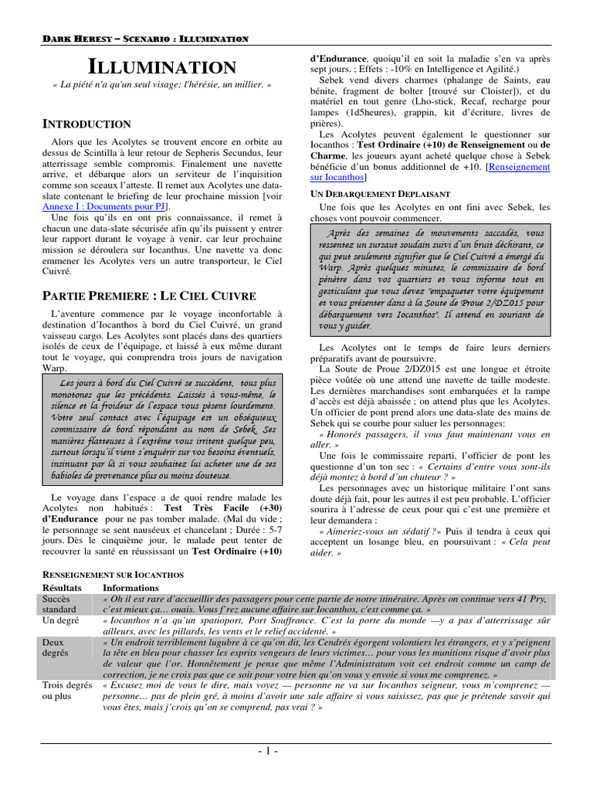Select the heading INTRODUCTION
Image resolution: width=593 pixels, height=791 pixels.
[86, 124]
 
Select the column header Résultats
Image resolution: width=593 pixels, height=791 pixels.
[63, 587]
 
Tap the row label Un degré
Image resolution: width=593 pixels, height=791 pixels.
[61, 620]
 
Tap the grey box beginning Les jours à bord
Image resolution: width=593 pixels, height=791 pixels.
[161, 429]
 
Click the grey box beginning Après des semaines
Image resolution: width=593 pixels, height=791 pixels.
[433, 280]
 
